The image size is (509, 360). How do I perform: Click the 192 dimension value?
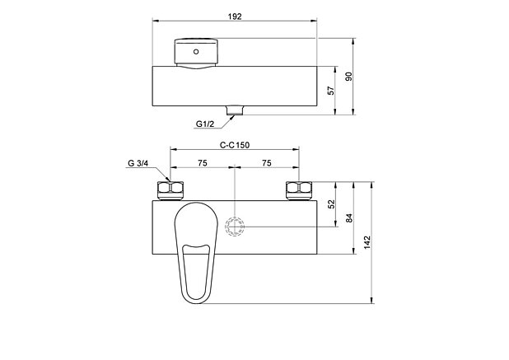[x=235, y=16]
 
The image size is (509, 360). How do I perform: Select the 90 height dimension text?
[x=348, y=77]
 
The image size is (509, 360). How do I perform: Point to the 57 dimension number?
[x=331, y=91]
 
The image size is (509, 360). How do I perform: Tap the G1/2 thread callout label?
[x=205, y=124]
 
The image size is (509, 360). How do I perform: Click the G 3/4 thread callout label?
[x=138, y=163]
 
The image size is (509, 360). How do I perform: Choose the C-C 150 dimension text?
[x=235, y=145]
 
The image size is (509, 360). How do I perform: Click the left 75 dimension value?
[x=203, y=163]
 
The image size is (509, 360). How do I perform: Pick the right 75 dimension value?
[x=267, y=163]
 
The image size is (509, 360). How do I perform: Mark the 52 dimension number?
[x=331, y=204]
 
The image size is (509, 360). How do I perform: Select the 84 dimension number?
[x=349, y=217]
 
